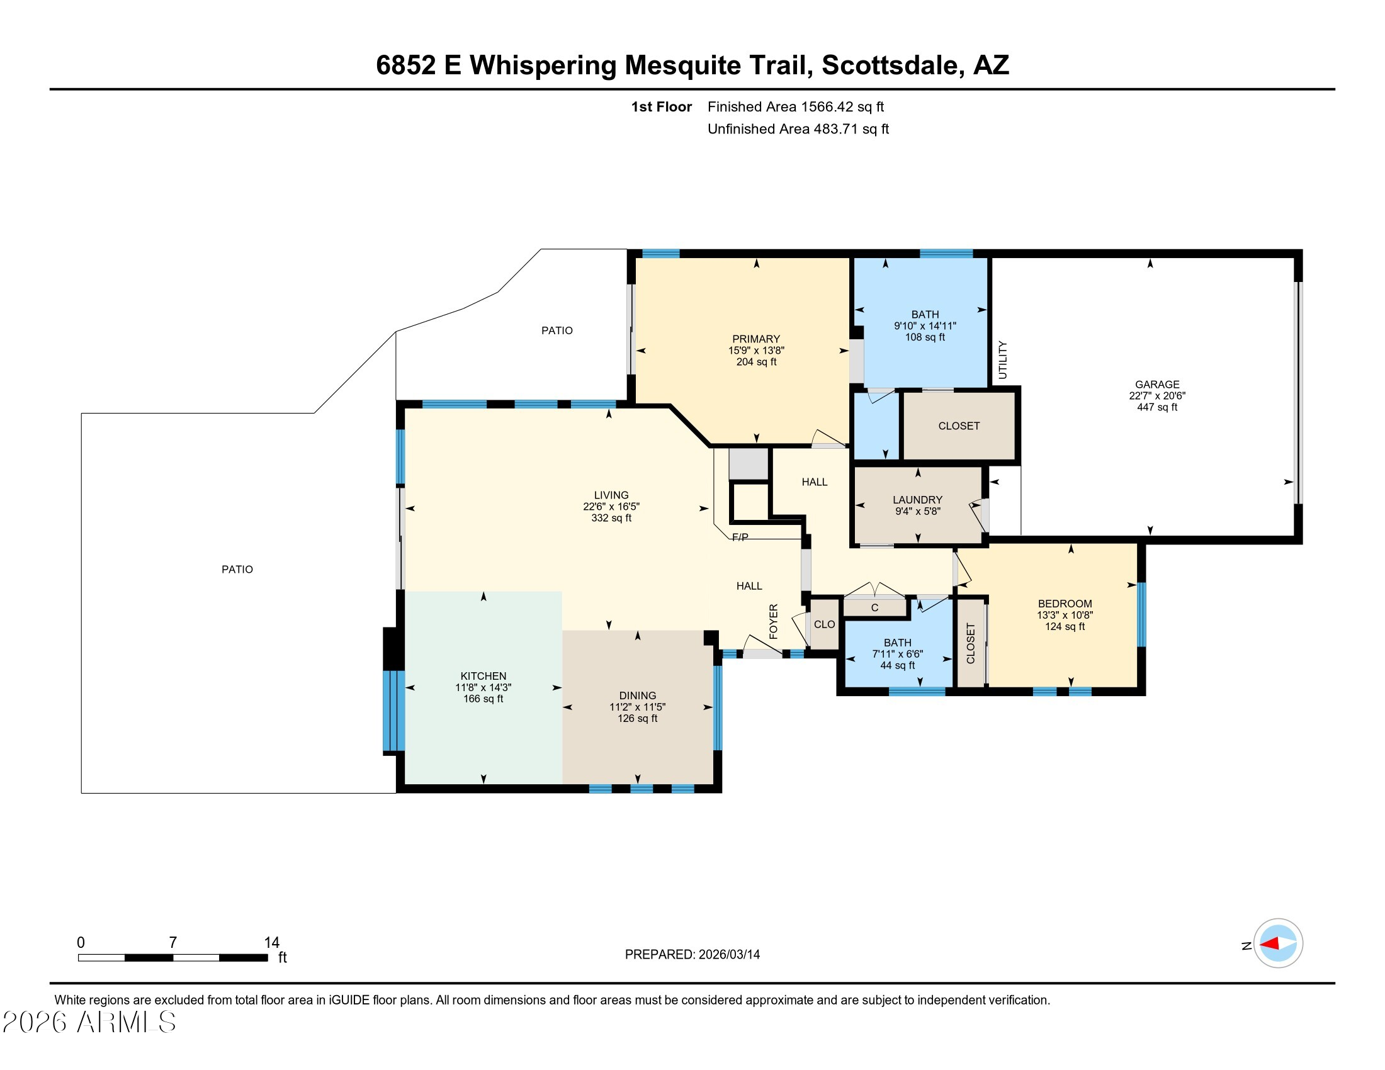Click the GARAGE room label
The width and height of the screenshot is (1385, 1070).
tap(1156, 384)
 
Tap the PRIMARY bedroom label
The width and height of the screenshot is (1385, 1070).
tap(756, 339)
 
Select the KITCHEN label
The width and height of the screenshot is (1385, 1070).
tap(483, 677)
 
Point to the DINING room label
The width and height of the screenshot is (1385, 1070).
tap(637, 696)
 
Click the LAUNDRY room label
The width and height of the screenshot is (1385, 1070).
tap(918, 500)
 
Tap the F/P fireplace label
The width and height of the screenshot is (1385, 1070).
tap(740, 538)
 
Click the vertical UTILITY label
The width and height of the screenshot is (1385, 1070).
tap(1003, 360)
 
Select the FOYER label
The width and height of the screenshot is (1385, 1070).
tap(773, 621)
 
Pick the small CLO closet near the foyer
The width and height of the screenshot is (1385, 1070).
tap(825, 624)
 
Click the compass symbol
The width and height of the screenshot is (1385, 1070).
tap(1278, 943)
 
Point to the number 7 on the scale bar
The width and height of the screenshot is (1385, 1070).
tap(172, 943)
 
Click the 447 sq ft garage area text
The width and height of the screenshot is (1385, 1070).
tap(1156, 407)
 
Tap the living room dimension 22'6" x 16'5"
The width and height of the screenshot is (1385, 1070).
tap(611, 507)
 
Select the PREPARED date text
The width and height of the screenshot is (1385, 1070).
tap(692, 955)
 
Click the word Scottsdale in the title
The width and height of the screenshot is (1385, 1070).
tap(890, 65)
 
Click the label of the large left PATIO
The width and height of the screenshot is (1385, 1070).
tap(237, 570)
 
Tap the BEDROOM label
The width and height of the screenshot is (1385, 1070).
tap(1065, 604)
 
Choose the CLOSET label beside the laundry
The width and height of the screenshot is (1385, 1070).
tap(959, 426)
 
